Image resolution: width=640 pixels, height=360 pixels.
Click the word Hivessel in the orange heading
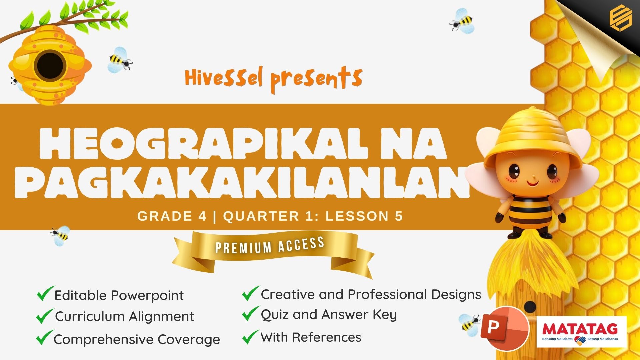coord(224,78)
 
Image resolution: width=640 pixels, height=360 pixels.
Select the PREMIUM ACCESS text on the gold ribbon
coord(270,245)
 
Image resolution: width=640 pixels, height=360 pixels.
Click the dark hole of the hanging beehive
coord(50,65)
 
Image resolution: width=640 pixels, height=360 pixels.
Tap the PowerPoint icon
coord(504,328)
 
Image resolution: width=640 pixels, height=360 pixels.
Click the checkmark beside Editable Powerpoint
coord(45,293)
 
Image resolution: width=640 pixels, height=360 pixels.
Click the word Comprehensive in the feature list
coord(104,340)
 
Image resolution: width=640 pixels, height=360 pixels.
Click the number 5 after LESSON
coord(399,216)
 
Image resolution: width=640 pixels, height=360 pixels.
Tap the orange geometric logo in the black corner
coord(621,19)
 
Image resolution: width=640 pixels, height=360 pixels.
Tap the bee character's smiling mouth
coord(532,183)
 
